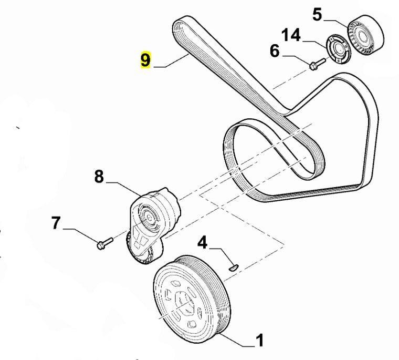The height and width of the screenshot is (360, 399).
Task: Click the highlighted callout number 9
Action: pos(145,60)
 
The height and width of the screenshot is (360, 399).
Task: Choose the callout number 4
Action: pos(203,243)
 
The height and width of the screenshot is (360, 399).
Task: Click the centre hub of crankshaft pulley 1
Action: pos(181,303)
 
